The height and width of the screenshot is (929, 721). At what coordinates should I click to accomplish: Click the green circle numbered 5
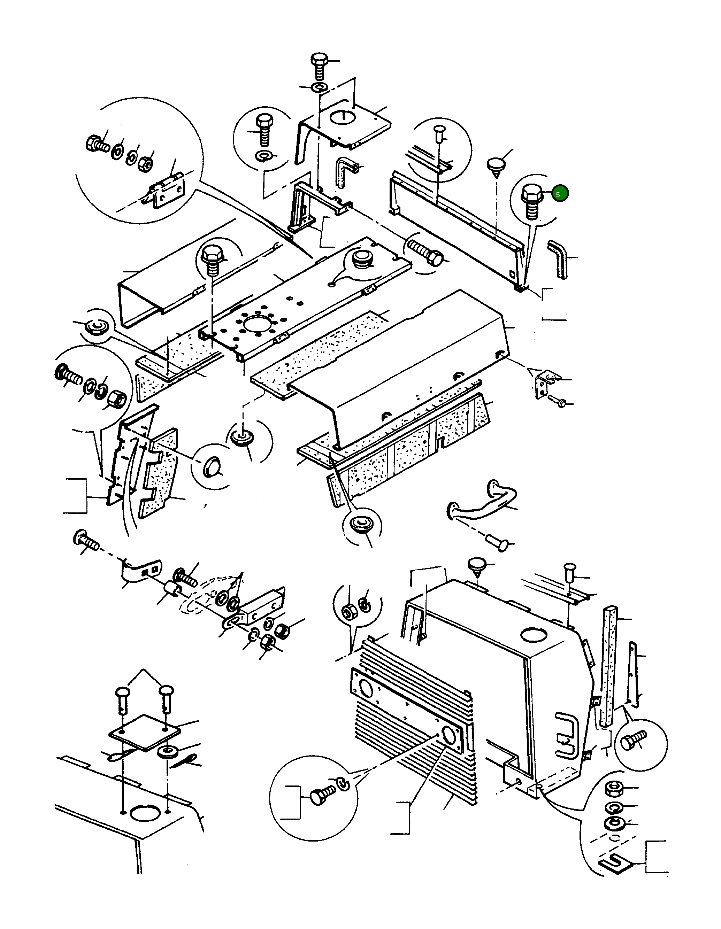tap(560, 194)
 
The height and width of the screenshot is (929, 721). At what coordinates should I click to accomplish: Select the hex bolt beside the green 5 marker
tap(531, 201)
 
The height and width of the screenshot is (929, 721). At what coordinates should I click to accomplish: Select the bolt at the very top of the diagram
tap(319, 65)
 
